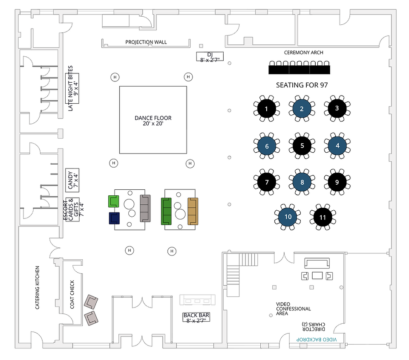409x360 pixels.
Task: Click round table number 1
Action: coord(266,109)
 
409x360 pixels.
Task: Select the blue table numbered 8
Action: coord(302,182)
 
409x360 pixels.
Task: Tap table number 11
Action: coord(323,217)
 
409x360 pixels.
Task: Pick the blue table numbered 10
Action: coord(288,217)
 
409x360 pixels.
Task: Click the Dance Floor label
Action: coord(153,121)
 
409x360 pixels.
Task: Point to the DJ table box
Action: coord(210,56)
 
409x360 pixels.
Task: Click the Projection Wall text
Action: coord(146,42)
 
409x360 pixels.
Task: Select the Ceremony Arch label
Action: coord(303,52)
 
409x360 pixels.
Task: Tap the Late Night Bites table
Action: coord(72,88)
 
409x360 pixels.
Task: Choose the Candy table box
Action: coord(72,180)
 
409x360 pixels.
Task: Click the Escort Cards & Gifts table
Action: coord(72,209)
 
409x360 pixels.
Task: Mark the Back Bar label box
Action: coord(196,317)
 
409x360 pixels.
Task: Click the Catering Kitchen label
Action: coord(37,287)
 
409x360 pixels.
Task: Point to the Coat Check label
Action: coord(72,294)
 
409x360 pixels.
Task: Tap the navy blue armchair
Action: coord(114,218)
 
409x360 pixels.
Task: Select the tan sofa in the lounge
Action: coord(193,211)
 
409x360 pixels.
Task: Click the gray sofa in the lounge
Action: coord(145,208)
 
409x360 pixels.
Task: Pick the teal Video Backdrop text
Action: coord(317,340)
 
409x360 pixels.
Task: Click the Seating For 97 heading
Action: coord(302,85)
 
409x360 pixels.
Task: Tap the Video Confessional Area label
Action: coord(293,309)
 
